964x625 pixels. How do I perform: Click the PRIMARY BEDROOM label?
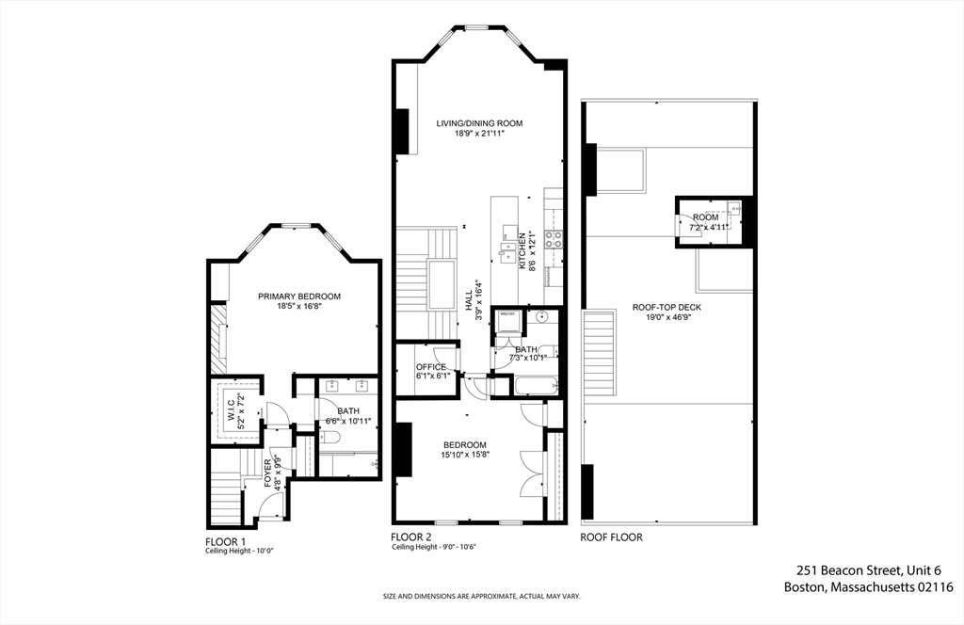click(299, 296)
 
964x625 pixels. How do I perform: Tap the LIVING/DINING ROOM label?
click(479, 123)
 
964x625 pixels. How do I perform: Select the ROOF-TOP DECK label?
click(667, 307)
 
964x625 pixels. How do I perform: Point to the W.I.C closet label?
click(230, 409)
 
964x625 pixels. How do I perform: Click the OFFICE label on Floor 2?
click(431, 367)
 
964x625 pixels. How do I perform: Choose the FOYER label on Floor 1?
click(267, 471)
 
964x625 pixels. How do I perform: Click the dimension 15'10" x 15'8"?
click(465, 456)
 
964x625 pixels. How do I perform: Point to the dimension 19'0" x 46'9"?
click(667, 318)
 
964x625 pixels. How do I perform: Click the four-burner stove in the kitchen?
click(554, 238)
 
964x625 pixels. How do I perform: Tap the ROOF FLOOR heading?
click(612, 537)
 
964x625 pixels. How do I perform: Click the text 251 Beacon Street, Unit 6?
click(868, 570)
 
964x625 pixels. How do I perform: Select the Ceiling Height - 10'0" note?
click(240, 551)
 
